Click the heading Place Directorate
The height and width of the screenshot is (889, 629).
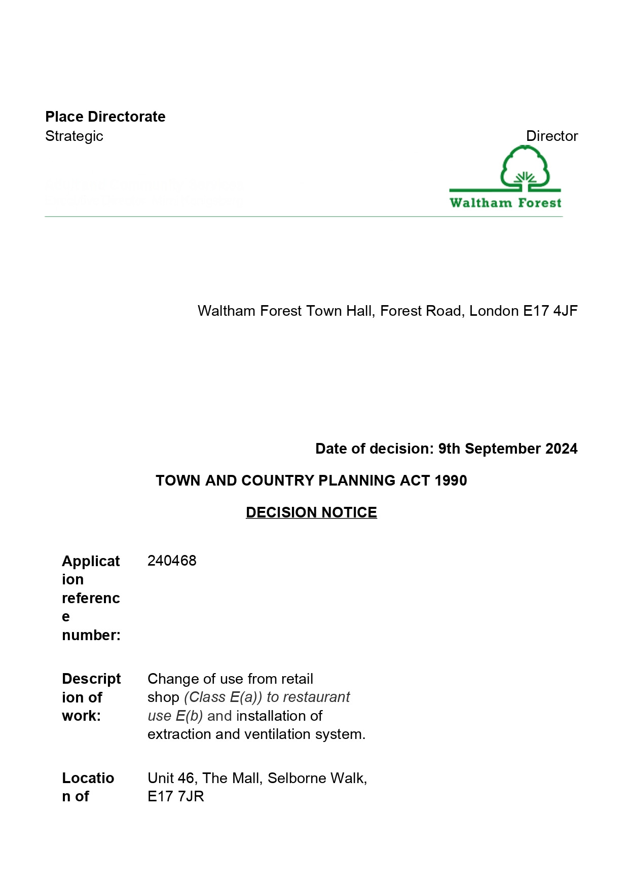tap(105, 117)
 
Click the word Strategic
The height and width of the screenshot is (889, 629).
tap(74, 136)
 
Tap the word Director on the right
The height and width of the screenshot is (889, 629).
tap(551, 136)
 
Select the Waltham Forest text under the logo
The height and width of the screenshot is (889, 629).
tap(505, 203)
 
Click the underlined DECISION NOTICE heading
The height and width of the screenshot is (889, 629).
tap(311, 512)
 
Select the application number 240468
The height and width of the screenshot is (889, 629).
tap(172, 561)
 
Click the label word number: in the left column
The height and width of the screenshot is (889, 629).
tap(91, 635)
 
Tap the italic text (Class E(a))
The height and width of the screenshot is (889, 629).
tap(223, 697)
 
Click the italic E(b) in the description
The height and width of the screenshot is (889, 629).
tap(189, 716)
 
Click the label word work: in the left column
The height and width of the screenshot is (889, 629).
tap(81, 716)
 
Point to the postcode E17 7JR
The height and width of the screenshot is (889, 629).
tap(175, 796)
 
